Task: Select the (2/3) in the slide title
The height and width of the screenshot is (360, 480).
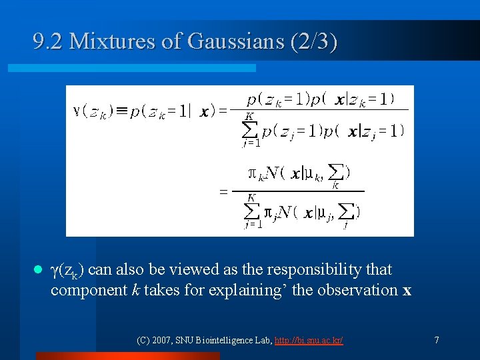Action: point(314,42)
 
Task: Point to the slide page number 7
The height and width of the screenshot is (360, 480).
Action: point(436,340)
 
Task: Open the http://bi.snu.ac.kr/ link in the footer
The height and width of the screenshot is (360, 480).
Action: point(309,340)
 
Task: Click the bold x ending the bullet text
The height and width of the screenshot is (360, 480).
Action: point(407,291)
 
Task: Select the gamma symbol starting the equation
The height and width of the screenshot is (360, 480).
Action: point(76,111)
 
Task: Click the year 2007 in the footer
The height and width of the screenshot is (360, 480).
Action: point(161,340)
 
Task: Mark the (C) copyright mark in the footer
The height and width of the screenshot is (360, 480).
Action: point(143,340)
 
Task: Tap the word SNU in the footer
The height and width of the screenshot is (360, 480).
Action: point(185,340)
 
